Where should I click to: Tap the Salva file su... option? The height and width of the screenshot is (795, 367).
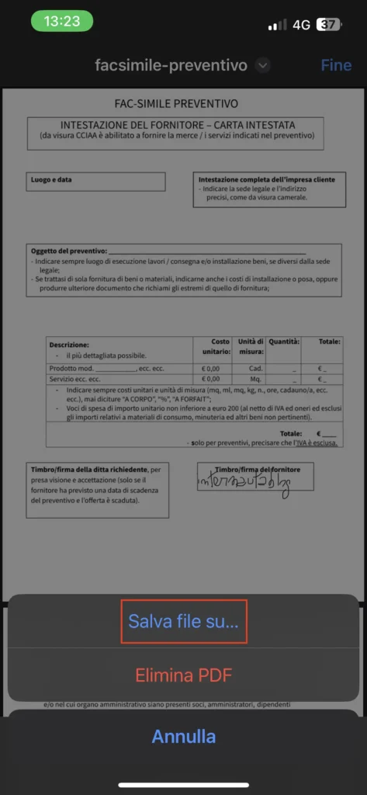coord(184,621)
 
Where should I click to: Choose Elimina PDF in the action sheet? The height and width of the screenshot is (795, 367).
coord(184,674)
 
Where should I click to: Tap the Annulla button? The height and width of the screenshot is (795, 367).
coord(184,736)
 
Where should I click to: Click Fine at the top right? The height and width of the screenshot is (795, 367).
coord(336,65)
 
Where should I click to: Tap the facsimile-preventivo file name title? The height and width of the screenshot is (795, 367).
coord(171,65)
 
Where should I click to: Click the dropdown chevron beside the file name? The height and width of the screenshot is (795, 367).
coord(263,65)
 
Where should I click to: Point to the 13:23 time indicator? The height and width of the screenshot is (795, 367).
coord(62,21)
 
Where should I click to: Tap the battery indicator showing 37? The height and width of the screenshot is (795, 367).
coord(328,25)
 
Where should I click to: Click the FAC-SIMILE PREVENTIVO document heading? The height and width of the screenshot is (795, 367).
coord(175,103)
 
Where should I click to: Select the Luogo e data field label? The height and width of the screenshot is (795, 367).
coord(51,180)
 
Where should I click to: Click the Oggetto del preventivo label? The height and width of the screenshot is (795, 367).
coord(68,252)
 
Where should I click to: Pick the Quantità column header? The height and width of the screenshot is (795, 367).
coord(284,342)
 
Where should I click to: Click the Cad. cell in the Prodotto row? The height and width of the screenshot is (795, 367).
coord(255,368)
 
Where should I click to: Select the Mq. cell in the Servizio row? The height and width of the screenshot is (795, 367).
coord(255,379)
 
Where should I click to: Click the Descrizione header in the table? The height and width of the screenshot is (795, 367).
coord(69,344)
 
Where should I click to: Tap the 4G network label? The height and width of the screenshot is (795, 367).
coord(301,25)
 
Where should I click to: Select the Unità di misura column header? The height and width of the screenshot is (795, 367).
coord(251,346)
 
